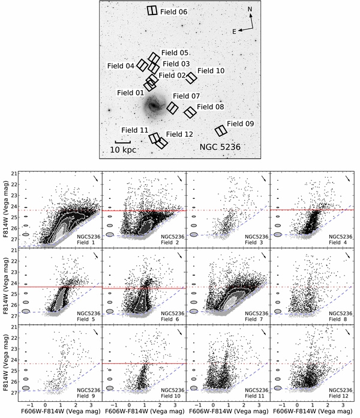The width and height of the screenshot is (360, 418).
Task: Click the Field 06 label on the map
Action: pos(175,12)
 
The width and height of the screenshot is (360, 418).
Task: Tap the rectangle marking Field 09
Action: pos(221,131)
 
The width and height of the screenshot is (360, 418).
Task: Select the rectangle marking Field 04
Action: pos(143,65)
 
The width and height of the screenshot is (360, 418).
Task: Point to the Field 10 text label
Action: pos(211,71)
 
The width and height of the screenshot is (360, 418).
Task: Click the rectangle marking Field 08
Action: pos(190,112)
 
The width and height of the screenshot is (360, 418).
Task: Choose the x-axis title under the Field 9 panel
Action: pos(60,412)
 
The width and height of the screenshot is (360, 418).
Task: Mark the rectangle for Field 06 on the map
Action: pos(153,10)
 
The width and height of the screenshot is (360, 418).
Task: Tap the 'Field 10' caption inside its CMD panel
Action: pos(172,395)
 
